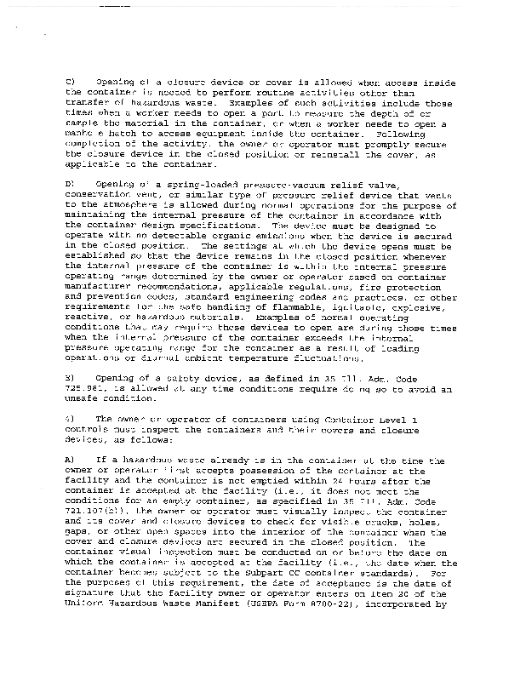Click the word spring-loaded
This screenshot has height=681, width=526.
pos(162,186)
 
